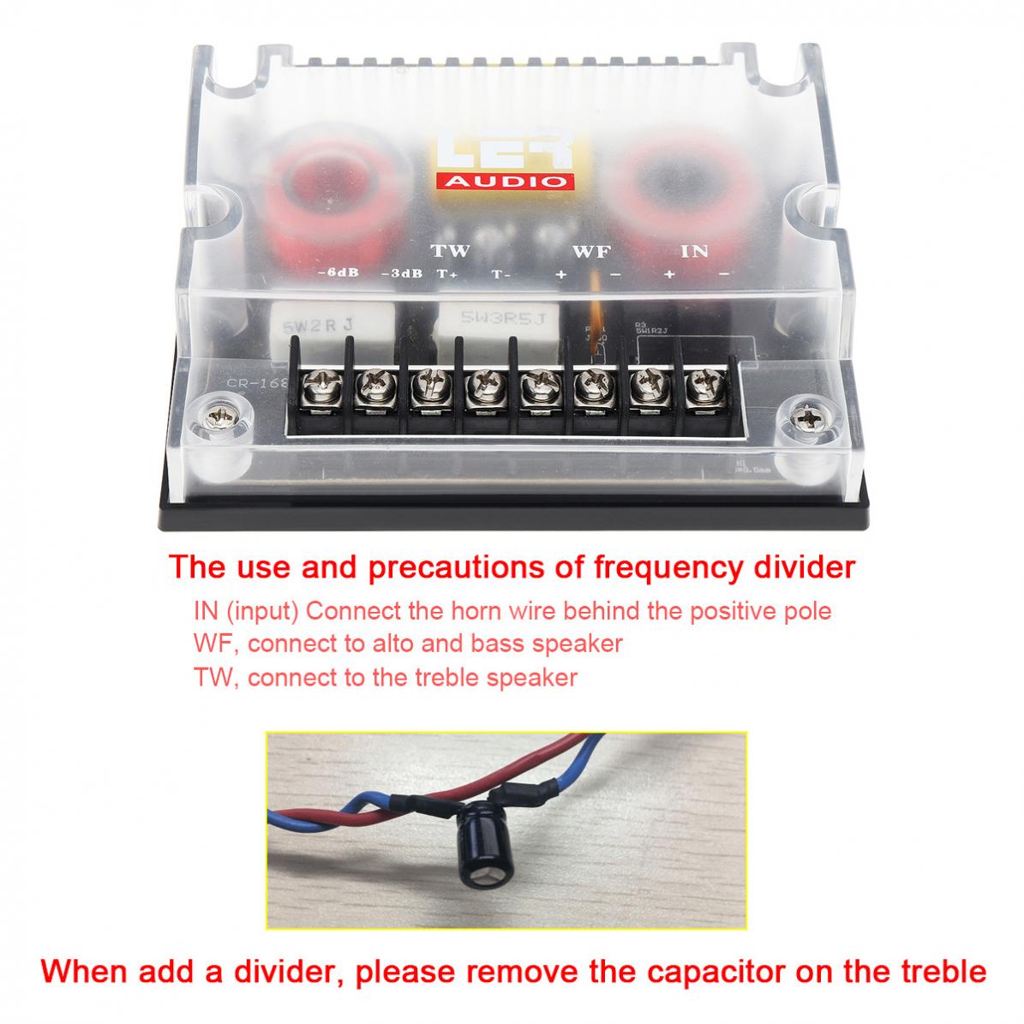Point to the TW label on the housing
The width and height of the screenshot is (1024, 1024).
(450, 252)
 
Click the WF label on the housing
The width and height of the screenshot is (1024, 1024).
(590, 252)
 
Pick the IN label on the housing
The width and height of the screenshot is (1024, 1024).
(694, 252)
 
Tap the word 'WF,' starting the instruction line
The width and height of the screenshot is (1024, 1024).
(215, 643)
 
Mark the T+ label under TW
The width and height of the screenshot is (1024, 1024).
(447, 275)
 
